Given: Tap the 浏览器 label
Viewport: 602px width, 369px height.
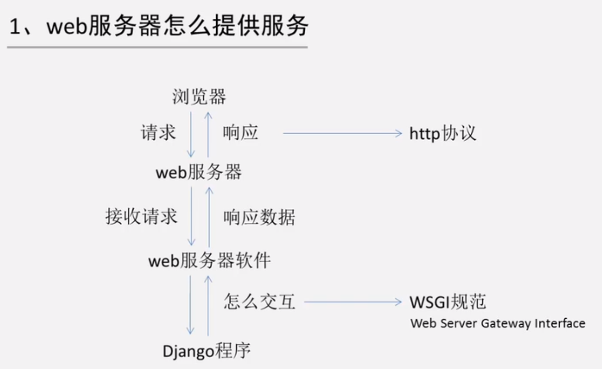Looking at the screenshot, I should [x=199, y=96].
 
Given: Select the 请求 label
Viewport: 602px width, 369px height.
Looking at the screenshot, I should [x=158, y=133].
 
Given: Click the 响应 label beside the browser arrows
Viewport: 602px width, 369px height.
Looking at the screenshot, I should [x=241, y=133].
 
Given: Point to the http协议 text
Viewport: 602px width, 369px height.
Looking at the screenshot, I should [x=442, y=133].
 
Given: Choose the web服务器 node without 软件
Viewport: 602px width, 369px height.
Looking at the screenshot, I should [x=199, y=173].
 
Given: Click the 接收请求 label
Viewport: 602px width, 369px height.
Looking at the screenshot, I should [x=141, y=217].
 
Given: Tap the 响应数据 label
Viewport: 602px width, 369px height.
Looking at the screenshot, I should [x=259, y=217].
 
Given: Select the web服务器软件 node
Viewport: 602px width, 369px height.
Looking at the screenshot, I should [x=209, y=261].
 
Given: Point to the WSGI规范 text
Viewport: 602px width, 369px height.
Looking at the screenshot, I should [x=448, y=302].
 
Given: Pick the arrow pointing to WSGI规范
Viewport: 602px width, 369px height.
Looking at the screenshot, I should [x=353, y=302].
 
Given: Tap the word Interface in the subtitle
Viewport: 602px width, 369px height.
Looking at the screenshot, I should [x=560, y=324].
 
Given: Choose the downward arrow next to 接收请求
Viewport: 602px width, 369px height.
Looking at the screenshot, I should [x=190, y=216].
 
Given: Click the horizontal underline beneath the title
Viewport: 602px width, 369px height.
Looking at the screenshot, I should [x=157, y=48].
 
